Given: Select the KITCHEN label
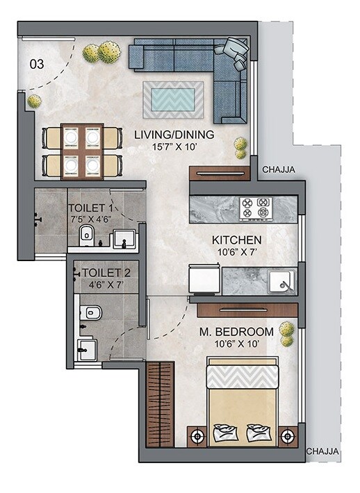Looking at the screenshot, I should pos(237,240).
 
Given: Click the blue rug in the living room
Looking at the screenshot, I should pos(173,99).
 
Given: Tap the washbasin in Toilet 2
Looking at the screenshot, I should pos(88,349).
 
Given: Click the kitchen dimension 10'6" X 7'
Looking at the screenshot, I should pos(237,253).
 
